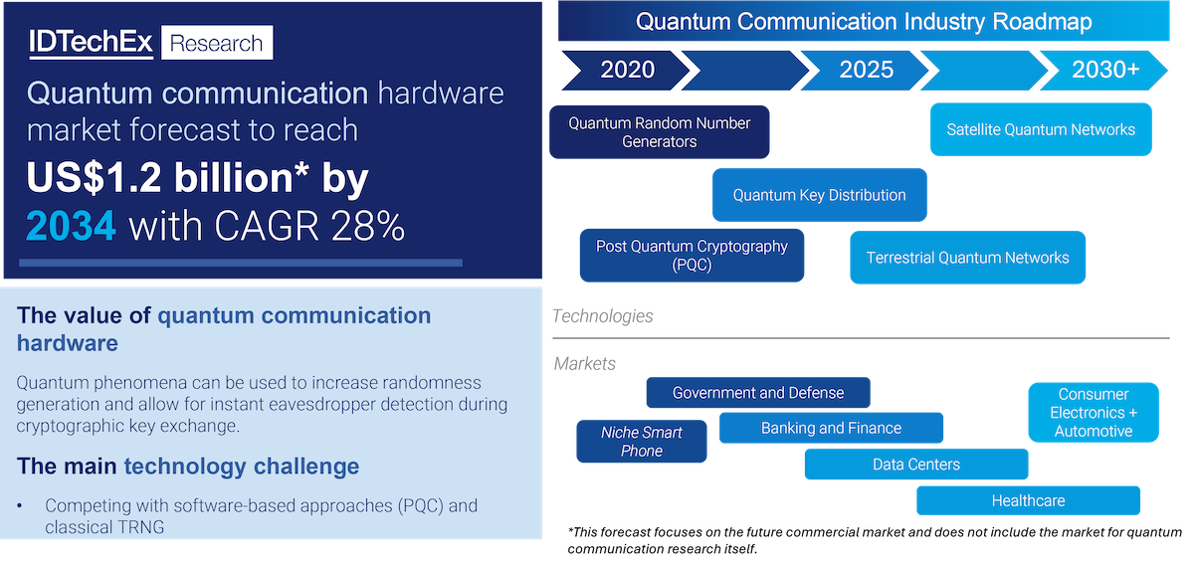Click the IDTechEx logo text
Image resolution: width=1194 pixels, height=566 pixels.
tap(91, 42)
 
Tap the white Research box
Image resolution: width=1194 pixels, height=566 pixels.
tap(217, 43)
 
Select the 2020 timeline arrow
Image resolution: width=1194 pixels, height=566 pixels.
tap(626, 71)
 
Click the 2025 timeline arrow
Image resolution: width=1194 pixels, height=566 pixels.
tap(865, 71)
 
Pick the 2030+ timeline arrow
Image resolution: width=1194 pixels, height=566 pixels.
tap(1104, 71)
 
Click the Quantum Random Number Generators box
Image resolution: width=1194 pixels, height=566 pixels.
tap(660, 132)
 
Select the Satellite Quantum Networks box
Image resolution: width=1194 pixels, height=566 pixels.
tap(1041, 129)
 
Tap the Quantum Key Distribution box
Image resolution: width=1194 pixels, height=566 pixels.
tap(819, 195)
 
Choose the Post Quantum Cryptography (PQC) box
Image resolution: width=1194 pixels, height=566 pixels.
tap(692, 256)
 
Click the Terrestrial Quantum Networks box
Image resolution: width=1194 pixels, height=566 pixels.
tap(967, 258)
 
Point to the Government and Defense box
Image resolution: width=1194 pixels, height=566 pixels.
tap(758, 393)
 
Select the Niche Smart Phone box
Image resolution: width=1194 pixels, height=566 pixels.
tap(641, 442)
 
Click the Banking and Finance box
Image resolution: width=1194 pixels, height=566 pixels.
tap(831, 428)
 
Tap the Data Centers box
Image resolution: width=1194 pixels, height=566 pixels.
tap(916, 465)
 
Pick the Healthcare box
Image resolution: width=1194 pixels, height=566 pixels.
tap(1028, 500)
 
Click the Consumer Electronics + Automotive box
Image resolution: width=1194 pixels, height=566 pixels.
tap(1094, 413)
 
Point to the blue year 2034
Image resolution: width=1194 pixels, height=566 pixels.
tap(71, 226)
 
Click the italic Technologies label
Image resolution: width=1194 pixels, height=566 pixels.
tap(602, 316)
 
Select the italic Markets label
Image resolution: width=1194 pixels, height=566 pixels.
tap(584, 363)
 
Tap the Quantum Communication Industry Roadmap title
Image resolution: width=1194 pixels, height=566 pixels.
tap(864, 22)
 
